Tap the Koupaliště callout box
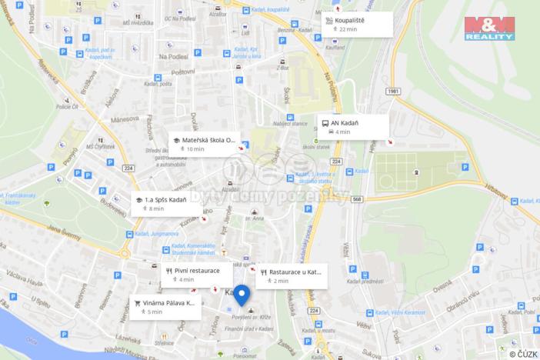(357, 24)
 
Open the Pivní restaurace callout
(196, 275)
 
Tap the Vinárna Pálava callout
(166, 308)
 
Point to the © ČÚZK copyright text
(522, 353)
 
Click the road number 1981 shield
(394, 92)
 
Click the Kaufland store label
(312, 48)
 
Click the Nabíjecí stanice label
(292, 122)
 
